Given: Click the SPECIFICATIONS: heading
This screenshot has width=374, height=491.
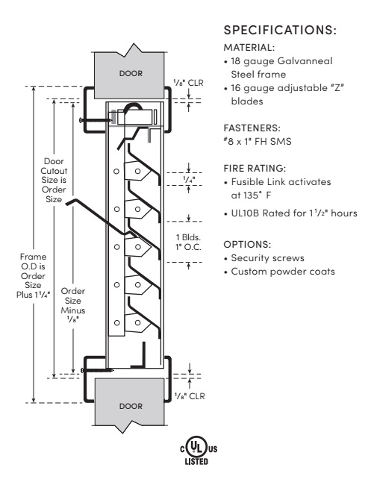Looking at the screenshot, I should pyautogui.click(x=275, y=32).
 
